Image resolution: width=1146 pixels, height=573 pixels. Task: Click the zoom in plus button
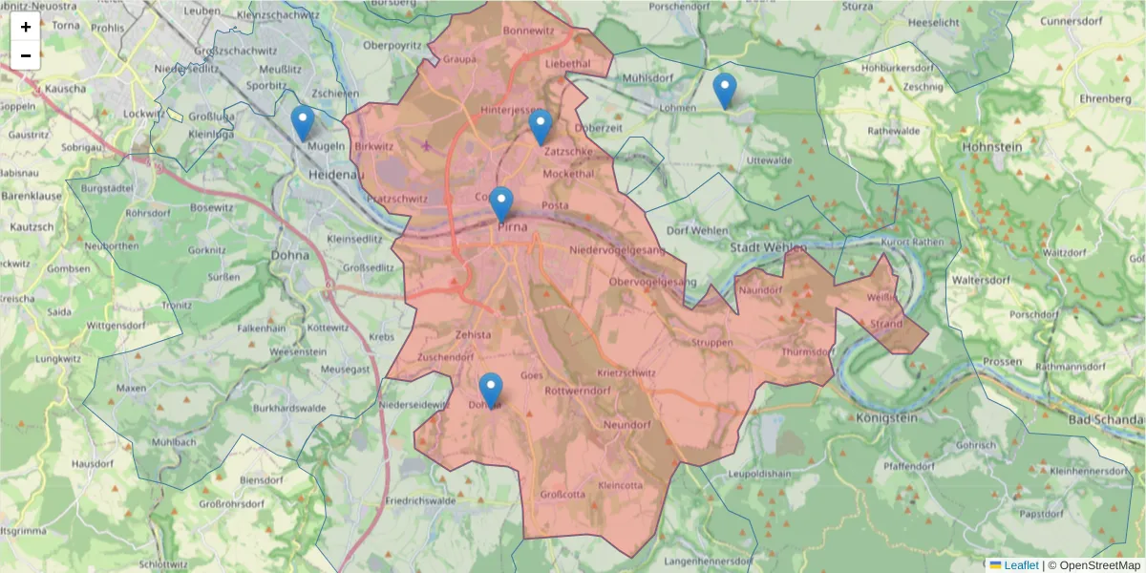click(26, 27)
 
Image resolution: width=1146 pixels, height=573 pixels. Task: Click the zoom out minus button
click(26, 55)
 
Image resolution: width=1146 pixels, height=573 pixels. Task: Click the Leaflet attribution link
click(1020, 565)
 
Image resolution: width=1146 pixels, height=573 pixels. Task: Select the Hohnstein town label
click(993, 147)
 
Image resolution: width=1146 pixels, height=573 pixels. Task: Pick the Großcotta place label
click(563, 494)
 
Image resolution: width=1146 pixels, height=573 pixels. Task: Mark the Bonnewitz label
click(529, 31)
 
